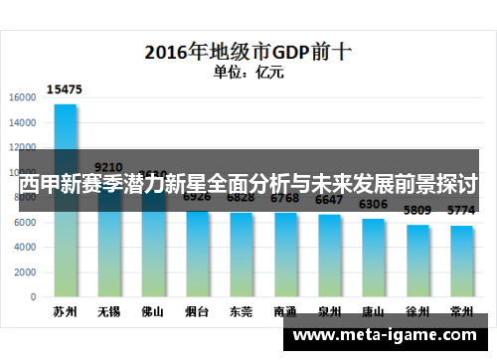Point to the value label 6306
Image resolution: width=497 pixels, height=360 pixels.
pyautogui.click(x=374, y=205)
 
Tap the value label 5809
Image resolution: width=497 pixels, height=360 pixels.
pyautogui.click(x=417, y=211)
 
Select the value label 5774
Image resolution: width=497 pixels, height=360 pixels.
pyautogui.click(x=461, y=211)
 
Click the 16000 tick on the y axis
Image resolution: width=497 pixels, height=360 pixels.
pyautogui.click(x=22, y=97)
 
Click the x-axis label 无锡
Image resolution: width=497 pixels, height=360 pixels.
pyautogui.click(x=109, y=311)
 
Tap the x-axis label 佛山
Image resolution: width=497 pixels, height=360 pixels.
pyautogui.click(x=153, y=311)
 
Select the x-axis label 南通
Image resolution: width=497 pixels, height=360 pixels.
pyautogui.click(x=285, y=311)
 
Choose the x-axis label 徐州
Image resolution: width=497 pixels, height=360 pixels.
pyautogui.click(x=417, y=311)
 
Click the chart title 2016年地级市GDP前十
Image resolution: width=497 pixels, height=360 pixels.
pyautogui.click(x=248, y=51)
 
